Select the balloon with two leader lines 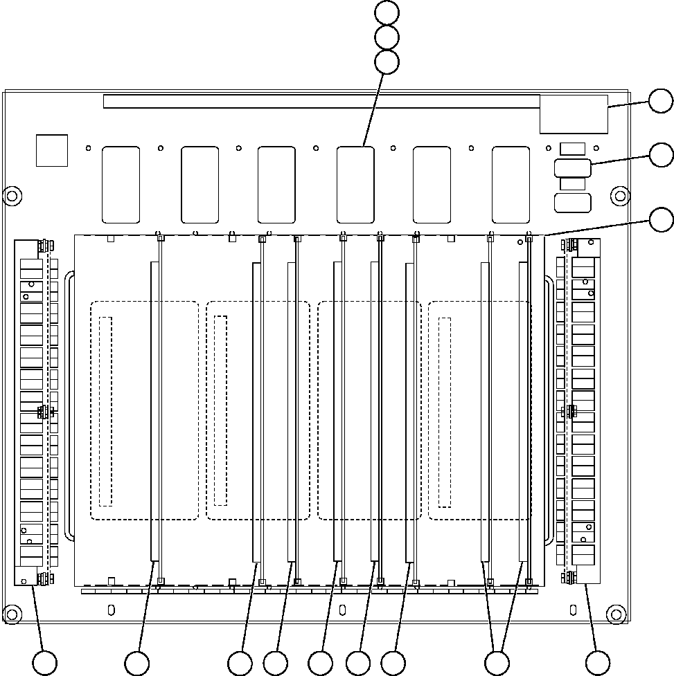(496, 663)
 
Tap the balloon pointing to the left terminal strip (46, 663)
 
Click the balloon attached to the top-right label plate (660, 102)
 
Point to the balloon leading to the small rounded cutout (660, 155)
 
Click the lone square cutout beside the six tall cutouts (52, 150)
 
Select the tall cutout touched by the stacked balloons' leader (355, 185)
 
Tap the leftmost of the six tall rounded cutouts (121, 185)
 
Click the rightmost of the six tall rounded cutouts (511, 185)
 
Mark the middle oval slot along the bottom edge (342, 610)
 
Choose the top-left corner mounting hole (11, 195)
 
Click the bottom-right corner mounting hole (614, 613)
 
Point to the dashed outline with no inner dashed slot (369, 410)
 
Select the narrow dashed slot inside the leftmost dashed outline (105, 411)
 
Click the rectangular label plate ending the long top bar (574, 115)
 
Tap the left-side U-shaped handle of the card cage (68, 405)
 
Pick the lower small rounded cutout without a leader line (573, 203)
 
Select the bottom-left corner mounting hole (11, 613)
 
